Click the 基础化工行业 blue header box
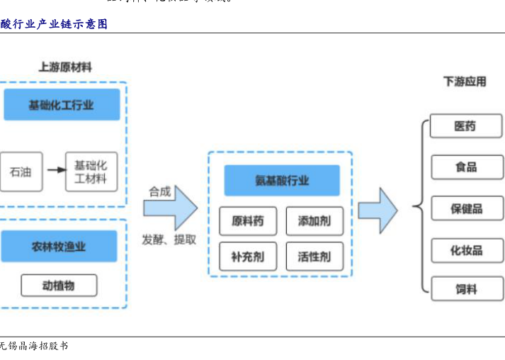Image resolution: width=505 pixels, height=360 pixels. coord(62,105)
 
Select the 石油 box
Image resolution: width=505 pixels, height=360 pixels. coord(19,171)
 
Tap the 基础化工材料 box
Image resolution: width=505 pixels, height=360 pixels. coord(91,171)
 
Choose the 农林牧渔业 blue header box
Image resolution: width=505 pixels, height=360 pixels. coord(59,247)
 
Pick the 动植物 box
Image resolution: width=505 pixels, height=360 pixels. coord(59,286)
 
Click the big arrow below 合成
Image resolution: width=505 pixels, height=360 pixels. coord(170,208)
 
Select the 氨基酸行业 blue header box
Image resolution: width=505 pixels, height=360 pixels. coord(282,180)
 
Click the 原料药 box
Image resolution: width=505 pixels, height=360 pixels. coord(247,221)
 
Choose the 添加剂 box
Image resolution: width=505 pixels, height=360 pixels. coord(314,221)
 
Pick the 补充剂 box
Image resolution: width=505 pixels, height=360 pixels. coord(247,257)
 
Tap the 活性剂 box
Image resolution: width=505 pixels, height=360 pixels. coord(314,257)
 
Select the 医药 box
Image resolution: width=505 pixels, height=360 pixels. coord(465,127)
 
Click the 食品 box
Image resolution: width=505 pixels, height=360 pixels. coord(465,167)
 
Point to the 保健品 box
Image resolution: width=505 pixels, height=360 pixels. coord(465,208)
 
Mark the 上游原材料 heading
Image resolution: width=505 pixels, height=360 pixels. coord(64,68)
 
